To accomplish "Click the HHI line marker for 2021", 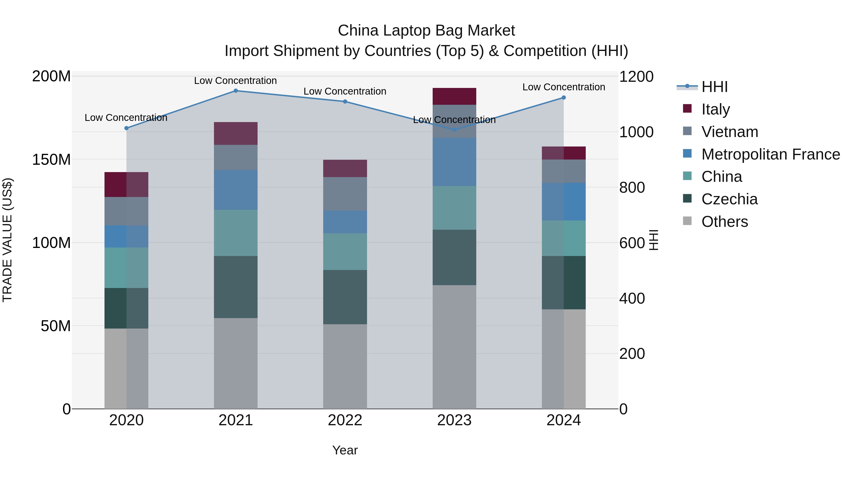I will coord(236,91).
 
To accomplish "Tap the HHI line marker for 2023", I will coord(454,130).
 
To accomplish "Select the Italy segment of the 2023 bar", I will coord(454,96).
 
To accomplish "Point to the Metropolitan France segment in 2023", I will coord(454,162).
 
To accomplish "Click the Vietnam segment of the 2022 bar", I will coord(345,194).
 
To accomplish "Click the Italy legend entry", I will coord(715,109).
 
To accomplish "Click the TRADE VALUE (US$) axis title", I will coord(7,240).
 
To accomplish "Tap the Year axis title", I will coord(345,450).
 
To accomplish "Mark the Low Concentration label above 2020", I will coord(126,118).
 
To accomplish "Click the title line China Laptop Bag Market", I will coord(426,31).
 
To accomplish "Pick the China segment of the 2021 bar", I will coord(236,233).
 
